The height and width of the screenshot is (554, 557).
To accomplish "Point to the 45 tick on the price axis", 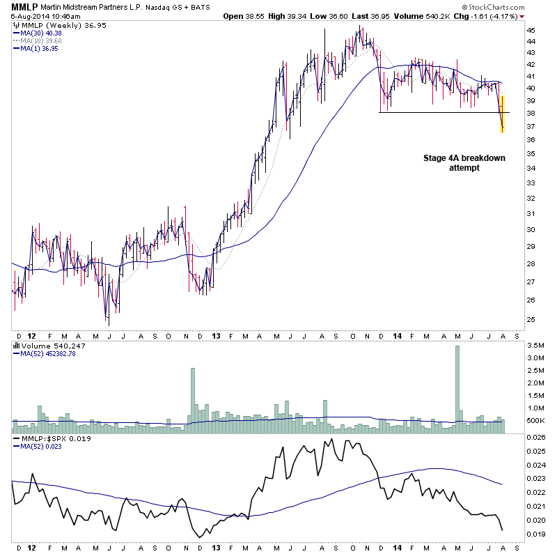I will pos(531,31).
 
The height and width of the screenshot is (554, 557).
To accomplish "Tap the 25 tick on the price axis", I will pos(531,319).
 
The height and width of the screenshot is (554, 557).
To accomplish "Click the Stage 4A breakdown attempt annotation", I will pos(464,163).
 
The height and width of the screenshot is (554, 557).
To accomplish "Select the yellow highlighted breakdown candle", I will pos(502,114).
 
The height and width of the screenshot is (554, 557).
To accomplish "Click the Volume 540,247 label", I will pos(46,344).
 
